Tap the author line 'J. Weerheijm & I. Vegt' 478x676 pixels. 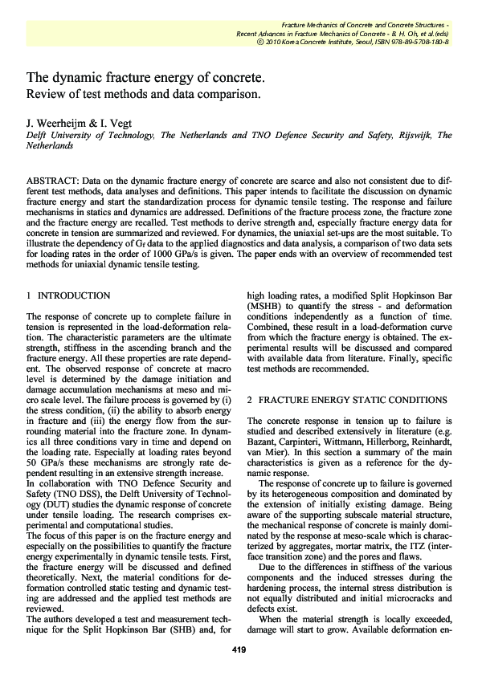click(x=79, y=124)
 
